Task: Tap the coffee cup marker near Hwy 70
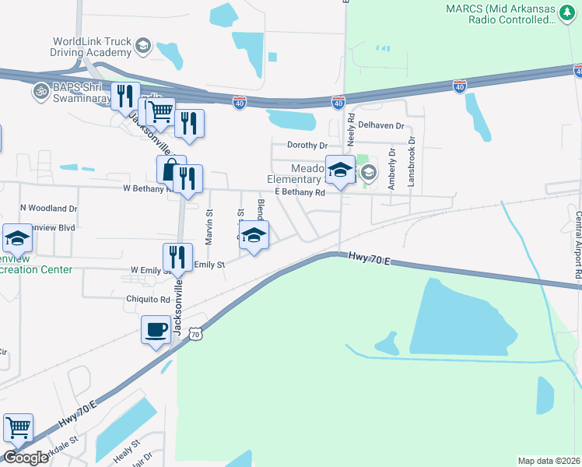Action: [156, 330]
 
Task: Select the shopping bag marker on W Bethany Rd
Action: [170, 170]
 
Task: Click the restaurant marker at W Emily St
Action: [177, 258]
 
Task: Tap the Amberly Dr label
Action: [392, 169]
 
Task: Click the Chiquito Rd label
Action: [149, 299]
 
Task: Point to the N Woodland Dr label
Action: [49, 209]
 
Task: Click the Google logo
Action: [25, 458]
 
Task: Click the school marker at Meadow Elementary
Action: [340, 172]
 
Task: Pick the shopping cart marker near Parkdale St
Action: [18, 427]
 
